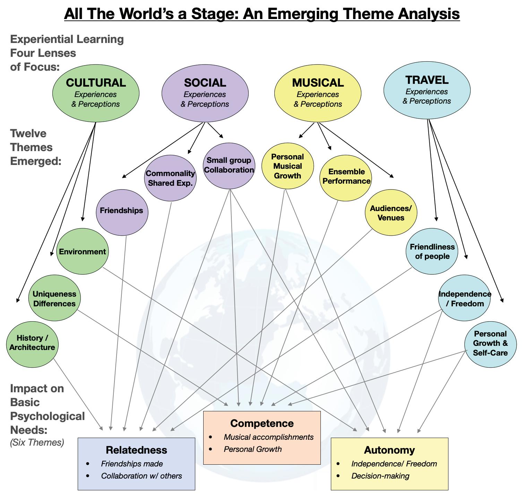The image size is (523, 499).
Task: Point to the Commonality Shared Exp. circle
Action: pos(170,178)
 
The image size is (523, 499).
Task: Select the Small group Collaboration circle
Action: pos(229,166)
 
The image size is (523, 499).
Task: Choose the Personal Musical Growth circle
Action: pos(288,166)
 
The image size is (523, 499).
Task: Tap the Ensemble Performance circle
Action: pos(346,177)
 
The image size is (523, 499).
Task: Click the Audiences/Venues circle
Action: pos(391,212)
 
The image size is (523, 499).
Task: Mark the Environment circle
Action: pos(82,252)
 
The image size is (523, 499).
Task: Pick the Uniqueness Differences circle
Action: pos(54,298)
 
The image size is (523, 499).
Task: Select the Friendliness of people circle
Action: pos(432,252)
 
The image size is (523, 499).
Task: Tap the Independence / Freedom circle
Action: pos(465,298)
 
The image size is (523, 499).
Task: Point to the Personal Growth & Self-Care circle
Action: pos(490,344)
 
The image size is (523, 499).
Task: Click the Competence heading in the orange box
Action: pos(262,423)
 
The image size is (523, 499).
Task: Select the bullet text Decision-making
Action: pos(380,476)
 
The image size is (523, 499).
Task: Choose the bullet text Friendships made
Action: pos(132,464)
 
